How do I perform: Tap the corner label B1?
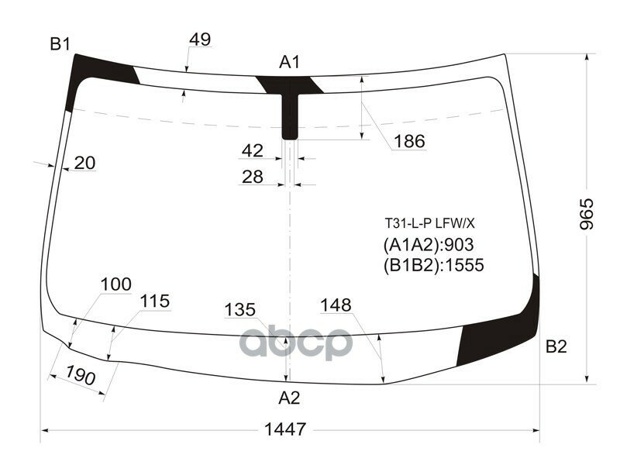(x=60, y=44)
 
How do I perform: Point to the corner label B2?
(x=556, y=347)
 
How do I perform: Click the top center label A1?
(x=290, y=63)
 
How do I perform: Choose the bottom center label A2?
(x=289, y=398)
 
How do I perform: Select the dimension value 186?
(x=409, y=141)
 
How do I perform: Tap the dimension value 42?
(x=253, y=150)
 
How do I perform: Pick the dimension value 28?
(x=253, y=177)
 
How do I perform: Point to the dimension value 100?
(x=115, y=284)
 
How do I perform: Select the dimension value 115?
(x=154, y=301)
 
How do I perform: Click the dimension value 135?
(x=239, y=310)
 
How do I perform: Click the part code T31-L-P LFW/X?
(x=429, y=223)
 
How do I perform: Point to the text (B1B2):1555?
(x=432, y=265)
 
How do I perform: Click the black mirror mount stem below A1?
(x=290, y=116)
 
